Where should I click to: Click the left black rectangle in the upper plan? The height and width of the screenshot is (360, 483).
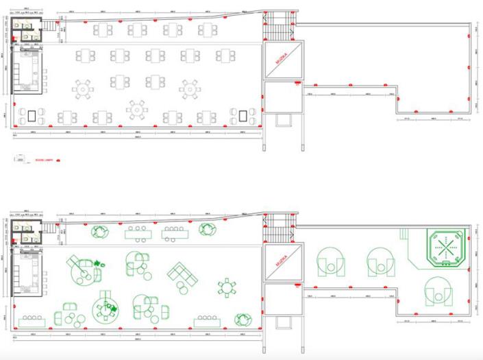(32, 115)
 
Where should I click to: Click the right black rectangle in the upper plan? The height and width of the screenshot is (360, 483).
(243, 115)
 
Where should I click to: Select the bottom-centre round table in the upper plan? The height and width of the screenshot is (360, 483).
(136, 108)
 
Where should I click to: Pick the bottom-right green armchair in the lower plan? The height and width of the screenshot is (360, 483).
(243, 319)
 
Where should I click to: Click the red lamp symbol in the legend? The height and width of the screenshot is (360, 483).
(58, 159)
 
